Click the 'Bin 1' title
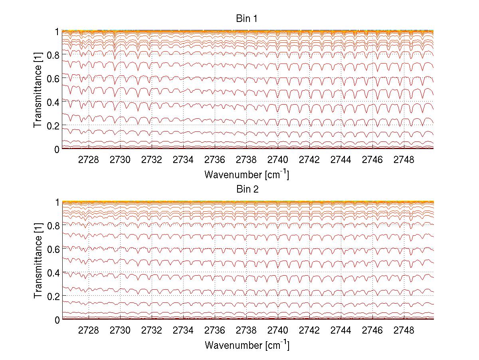pos(247,19)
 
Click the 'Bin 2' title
pos(247,189)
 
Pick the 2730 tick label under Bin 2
pos(120,331)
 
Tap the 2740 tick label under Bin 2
pos(278,331)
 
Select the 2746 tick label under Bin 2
pos(372,331)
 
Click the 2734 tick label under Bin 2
pos(183,331)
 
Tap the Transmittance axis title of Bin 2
pos(38,261)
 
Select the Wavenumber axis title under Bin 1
pos(247,174)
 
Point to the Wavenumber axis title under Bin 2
pos(247,345)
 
